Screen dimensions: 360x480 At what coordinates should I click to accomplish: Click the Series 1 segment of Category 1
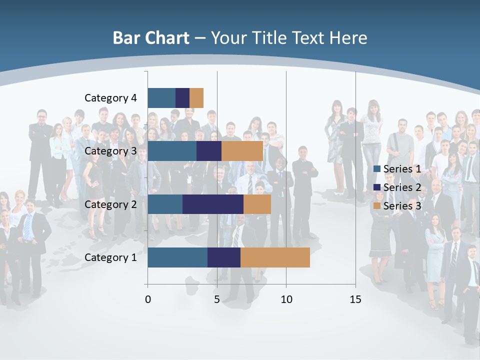pos(177,257)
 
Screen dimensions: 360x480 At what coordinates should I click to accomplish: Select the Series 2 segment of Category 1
pos(224,257)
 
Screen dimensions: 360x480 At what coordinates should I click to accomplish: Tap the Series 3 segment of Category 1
pos(275,257)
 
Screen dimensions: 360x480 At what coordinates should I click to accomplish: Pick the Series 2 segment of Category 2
pos(213,204)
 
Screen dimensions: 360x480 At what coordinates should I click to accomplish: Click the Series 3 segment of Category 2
pos(257,204)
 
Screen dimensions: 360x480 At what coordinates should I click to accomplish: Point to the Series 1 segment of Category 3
pos(172,151)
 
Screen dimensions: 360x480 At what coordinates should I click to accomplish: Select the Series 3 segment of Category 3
pos(242,151)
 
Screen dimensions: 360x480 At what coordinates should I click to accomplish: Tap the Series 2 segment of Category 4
pos(182,97)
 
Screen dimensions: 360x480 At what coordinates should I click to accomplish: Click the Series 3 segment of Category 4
pos(196,97)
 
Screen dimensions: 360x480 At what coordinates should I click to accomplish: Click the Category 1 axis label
pos(110,257)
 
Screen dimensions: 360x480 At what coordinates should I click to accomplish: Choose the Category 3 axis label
pos(110,151)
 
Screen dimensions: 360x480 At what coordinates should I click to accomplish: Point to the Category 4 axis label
pos(110,98)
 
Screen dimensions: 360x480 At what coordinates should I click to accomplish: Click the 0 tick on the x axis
pos(147,299)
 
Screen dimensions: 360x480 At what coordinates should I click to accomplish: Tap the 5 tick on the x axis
pos(217,299)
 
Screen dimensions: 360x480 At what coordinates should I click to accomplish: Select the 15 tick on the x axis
pos(355,299)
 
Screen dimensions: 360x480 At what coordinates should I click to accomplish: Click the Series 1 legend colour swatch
pos(377,169)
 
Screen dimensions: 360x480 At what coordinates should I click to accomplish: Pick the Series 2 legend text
pos(402,187)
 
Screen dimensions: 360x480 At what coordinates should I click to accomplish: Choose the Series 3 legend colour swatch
pos(377,205)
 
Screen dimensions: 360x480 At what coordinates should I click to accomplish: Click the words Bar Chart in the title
pos(151,38)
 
